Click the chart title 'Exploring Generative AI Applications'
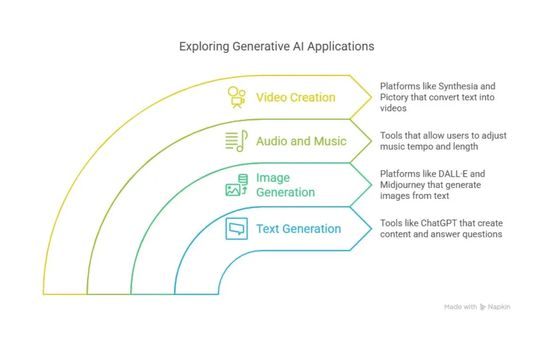277,46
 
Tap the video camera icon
236,97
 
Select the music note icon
236,141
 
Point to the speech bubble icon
236,229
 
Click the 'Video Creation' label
295,98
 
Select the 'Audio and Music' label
301,141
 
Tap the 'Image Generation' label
285,185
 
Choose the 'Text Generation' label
298,229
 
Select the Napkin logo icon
483,307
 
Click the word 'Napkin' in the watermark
499,307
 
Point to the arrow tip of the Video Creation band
371,97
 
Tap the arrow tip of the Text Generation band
371,229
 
